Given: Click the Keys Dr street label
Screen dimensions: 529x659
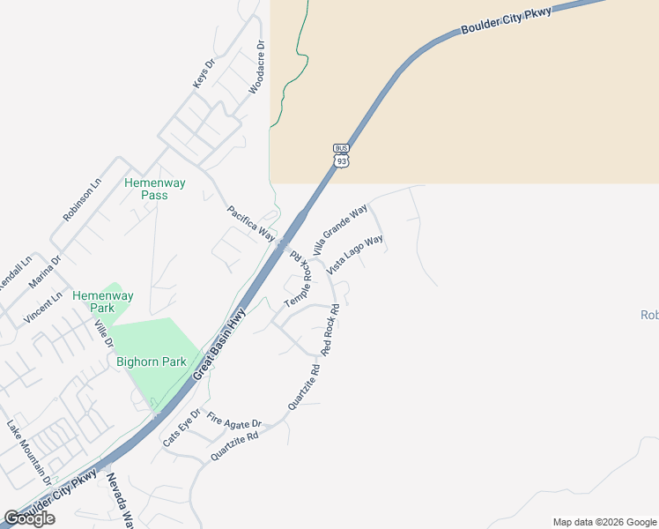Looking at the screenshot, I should click(x=204, y=73).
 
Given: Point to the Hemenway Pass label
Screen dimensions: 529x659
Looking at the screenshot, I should click(x=155, y=189).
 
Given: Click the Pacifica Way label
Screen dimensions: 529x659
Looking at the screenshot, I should click(x=251, y=224).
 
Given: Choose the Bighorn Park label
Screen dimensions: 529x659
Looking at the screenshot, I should click(x=145, y=361).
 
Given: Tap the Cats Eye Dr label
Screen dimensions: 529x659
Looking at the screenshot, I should click(x=181, y=428).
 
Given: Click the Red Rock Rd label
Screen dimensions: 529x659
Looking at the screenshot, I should click(x=331, y=330).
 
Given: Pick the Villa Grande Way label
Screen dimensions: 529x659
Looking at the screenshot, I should click(x=340, y=230).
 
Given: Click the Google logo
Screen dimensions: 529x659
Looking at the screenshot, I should click(x=30, y=518).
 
